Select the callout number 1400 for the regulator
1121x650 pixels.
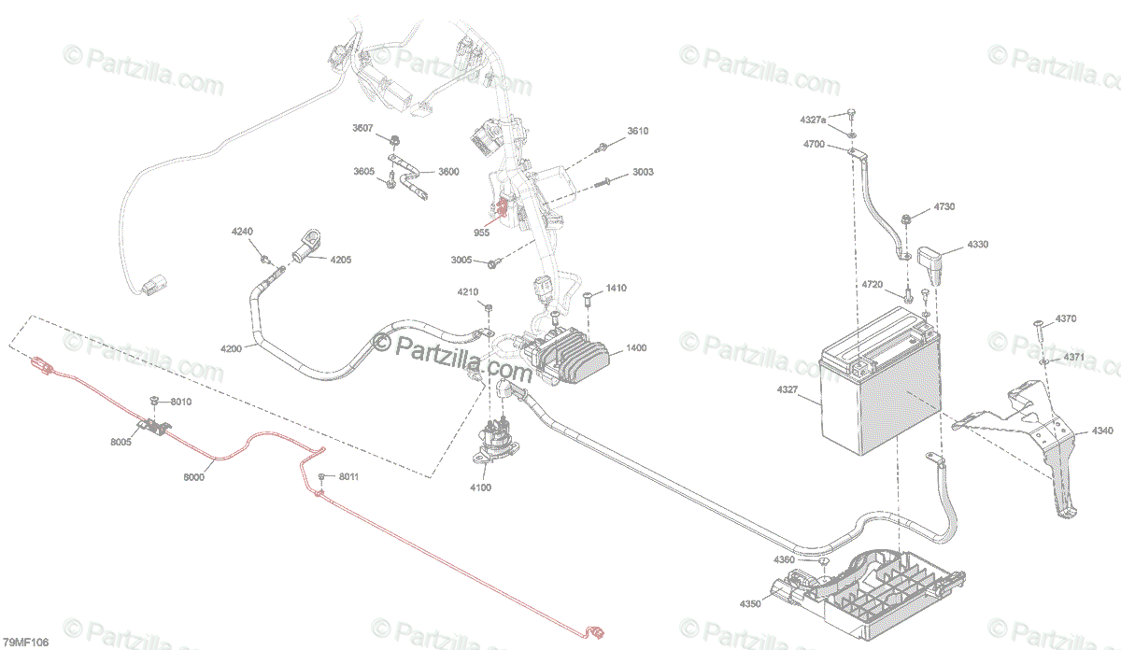pyautogui.click(x=636, y=348)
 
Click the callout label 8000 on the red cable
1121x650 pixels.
pyautogui.click(x=193, y=476)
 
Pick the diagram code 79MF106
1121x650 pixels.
pyautogui.click(x=25, y=643)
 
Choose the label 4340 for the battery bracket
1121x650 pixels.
pyautogui.click(x=1102, y=431)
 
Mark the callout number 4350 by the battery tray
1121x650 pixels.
pyautogui.click(x=749, y=603)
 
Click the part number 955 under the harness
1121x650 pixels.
pyautogui.click(x=481, y=232)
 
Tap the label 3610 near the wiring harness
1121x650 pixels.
pyautogui.click(x=638, y=132)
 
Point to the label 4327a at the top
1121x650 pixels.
pyautogui.click(x=813, y=120)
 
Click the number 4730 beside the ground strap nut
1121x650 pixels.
pyautogui.click(x=944, y=206)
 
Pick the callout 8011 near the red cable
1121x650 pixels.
pyautogui.click(x=348, y=478)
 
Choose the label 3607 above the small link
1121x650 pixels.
pyautogui.click(x=362, y=128)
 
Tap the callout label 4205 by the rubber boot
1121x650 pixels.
pyautogui.click(x=340, y=260)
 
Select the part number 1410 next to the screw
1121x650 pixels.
pyautogui.click(x=616, y=289)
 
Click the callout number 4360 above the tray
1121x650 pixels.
pyautogui.click(x=784, y=559)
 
